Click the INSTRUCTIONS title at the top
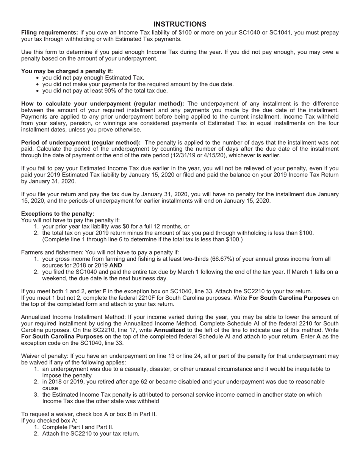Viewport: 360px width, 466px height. (x=180, y=24)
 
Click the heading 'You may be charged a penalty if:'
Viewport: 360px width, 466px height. (x=67, y=71)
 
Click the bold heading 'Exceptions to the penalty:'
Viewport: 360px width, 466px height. (x=58, y=214)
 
